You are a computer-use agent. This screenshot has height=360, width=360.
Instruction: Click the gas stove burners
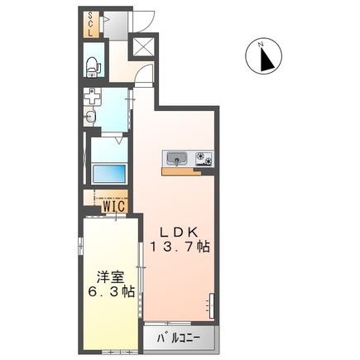point(202,158)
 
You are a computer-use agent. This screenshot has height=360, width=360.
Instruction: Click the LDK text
point(179,232)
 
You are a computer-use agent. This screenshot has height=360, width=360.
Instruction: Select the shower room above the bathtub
point(108,149)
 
